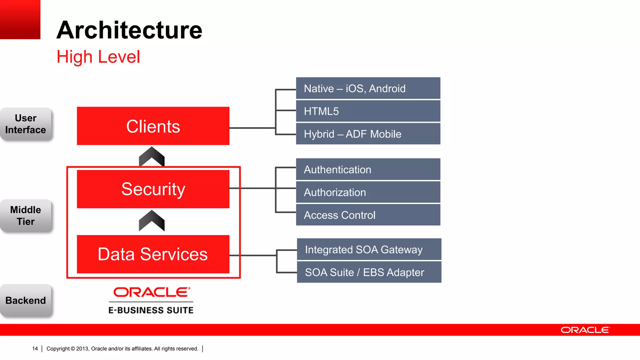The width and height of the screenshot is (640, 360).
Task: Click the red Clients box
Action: tap(153, 126)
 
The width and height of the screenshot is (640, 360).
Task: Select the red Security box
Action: tap(153, 189)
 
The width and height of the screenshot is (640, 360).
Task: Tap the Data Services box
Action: tap(153, 254)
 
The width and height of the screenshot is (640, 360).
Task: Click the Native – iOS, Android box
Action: tap(368, 88)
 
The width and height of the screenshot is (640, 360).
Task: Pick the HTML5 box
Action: tap(368, 111)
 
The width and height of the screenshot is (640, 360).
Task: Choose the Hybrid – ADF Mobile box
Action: tap(368, 134)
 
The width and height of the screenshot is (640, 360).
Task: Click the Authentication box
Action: tap(368, 169)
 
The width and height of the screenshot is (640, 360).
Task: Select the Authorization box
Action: tap(368, 192)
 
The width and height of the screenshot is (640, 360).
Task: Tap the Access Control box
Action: tap(368, 215)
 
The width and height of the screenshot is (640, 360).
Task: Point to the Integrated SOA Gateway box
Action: tap(369, 249)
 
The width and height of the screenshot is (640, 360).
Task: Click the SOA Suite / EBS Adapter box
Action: tap(369, 272)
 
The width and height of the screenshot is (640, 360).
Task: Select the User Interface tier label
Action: tap(26, 124)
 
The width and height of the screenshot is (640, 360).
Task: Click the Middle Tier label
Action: tap(26, 216)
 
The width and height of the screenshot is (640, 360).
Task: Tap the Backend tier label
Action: tap(26, 300)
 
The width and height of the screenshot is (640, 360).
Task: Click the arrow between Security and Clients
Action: tap(152, 156)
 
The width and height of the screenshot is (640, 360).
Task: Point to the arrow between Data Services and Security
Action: tap(152, 221)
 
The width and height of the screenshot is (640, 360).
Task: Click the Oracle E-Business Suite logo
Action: tap(151, 300)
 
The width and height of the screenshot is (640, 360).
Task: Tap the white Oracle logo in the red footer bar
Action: tap(585, 330)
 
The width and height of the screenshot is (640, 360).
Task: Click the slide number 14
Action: tap(35, 348)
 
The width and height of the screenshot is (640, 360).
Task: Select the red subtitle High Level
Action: tap(98, 57)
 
